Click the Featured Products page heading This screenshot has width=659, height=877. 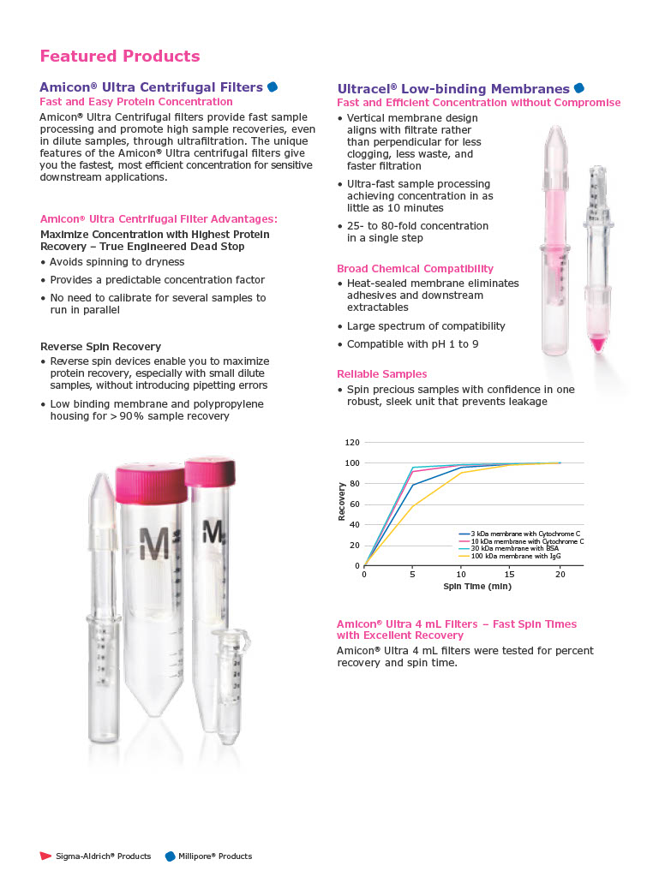coord(120,57)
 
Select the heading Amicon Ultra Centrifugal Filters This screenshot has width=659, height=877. coord(151,87)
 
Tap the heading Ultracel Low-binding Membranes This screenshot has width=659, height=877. coord(453,89)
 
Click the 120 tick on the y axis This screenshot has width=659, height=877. coord(352,443)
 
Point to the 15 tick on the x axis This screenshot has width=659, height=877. coord(510,574)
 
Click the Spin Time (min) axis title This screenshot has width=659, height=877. coord(476,586)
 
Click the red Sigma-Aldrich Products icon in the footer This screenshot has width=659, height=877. coord(46,856)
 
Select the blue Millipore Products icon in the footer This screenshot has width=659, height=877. coord(170,856)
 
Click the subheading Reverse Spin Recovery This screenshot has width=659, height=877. coord(100,347)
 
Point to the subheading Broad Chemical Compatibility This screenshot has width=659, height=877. coord(415,269)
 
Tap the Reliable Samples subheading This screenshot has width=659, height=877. coord(381,374)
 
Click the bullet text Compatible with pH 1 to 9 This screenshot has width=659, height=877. coord(412,344)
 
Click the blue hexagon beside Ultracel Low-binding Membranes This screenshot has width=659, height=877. coord(579,88)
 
